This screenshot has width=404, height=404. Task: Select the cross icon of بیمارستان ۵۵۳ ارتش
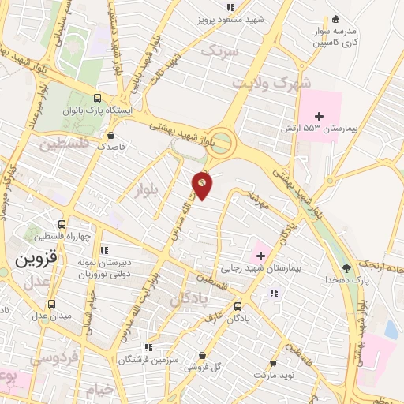tap(319, 117)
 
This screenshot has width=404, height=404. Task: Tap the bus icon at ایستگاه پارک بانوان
tap(97, 99)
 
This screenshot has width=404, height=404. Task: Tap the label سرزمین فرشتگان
tap(146, 359)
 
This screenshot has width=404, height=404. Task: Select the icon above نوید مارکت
tap(273, 364)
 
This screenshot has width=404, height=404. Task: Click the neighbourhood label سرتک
tap(220, 50)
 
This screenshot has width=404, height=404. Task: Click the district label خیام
tap(102, 390)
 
